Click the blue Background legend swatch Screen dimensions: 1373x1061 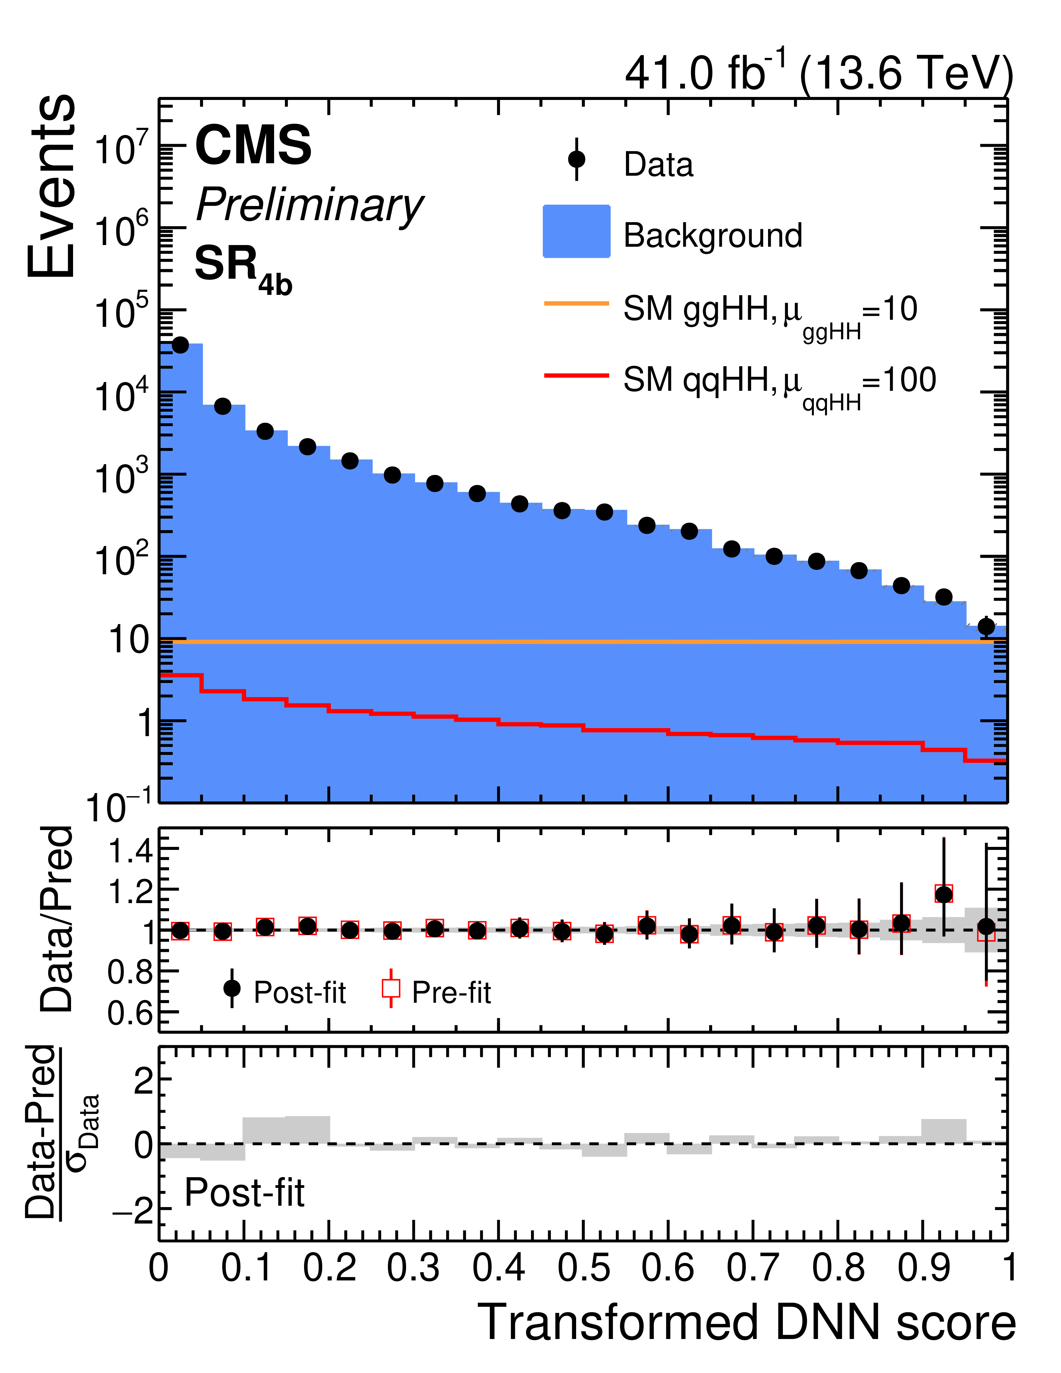click(x=576, y=231)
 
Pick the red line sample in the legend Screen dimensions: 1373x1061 click(x=576, y=375)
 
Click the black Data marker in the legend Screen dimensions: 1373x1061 click(x=576, y=160)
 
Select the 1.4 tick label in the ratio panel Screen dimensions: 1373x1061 click(x=130, y=852)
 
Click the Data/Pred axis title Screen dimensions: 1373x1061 click(x=57, y=919)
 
